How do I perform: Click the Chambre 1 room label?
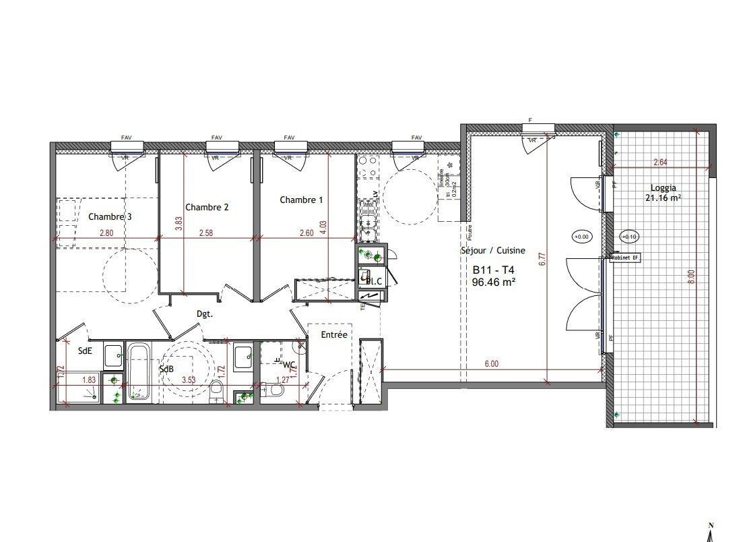tap(301, 200)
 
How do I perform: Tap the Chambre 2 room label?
tap(207, 208)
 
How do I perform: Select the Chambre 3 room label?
tap(110, 217)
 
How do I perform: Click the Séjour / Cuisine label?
tap(493, 251)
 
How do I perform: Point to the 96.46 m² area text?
tap(494, 282)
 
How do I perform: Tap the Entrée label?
tap(333, 335)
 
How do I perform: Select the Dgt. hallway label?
tap(205, 313)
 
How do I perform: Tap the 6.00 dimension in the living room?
tap(492, 364)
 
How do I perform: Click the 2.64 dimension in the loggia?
tap(661, 162)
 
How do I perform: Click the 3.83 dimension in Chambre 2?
tap(179, 223)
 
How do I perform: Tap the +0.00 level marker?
tap(580, 237)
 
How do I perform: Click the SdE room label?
tap(86, 350)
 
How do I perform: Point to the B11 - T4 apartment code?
tap(494, 269)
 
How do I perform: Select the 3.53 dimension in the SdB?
tap(189, 380)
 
